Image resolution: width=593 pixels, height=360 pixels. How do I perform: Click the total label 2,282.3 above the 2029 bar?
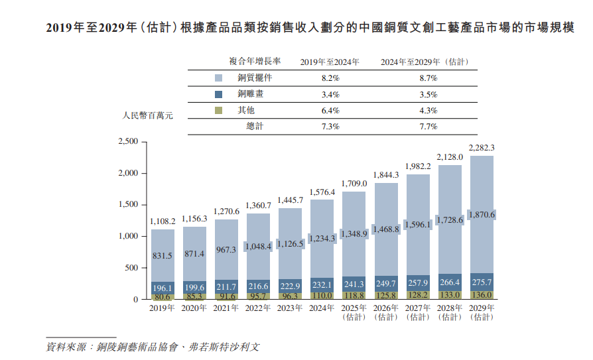[x=481, y=148]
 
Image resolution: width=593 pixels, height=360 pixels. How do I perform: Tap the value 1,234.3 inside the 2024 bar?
[x=322, y=238]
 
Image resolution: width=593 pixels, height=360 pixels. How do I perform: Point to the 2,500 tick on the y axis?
[x=127, y=142]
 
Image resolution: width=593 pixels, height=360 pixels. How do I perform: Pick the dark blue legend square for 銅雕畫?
[x=219, y=94]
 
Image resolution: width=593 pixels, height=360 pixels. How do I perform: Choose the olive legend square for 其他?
[x=219, y=110]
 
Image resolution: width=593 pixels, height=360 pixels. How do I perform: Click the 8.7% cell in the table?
[x=428, y=78]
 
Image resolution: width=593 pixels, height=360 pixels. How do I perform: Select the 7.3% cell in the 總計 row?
[x=330, y=126]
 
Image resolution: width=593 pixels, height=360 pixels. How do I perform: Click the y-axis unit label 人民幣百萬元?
[x=147, y=115]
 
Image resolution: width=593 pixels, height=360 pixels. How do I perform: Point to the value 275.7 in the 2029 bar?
[x=481, y=282]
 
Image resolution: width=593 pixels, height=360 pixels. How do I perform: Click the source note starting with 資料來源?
[x=153, y=347]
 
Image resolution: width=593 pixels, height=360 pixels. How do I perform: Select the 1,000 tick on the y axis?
[x=127, y=237]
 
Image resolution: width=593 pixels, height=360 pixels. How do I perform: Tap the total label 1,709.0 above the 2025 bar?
[x=354, y=183]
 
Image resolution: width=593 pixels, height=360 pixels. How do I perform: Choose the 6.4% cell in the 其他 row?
[x=330, y=110]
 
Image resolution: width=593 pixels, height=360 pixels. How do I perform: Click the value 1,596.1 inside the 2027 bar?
[x=417, y=224]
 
